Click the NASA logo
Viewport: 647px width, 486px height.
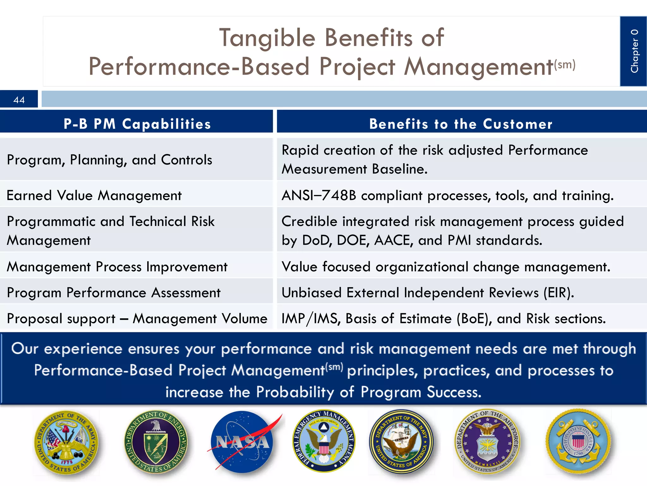pos(243,442)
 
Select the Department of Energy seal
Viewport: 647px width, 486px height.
pos(156,442)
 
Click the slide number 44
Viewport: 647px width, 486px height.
pos(19,100)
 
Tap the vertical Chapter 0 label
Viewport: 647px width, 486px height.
pos(634,51)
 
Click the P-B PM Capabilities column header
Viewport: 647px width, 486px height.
pos(137,124)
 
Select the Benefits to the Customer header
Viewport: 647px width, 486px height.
pos(461,124)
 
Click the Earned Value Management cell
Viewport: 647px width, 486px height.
pos(94,196)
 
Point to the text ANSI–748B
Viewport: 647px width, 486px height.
pos(319,196)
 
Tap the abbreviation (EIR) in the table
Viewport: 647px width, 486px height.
pos(558,293)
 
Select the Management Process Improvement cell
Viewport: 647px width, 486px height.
pos(117,267)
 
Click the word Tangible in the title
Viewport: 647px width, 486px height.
pos(267,38)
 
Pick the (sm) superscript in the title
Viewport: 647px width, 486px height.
pos(565,65)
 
